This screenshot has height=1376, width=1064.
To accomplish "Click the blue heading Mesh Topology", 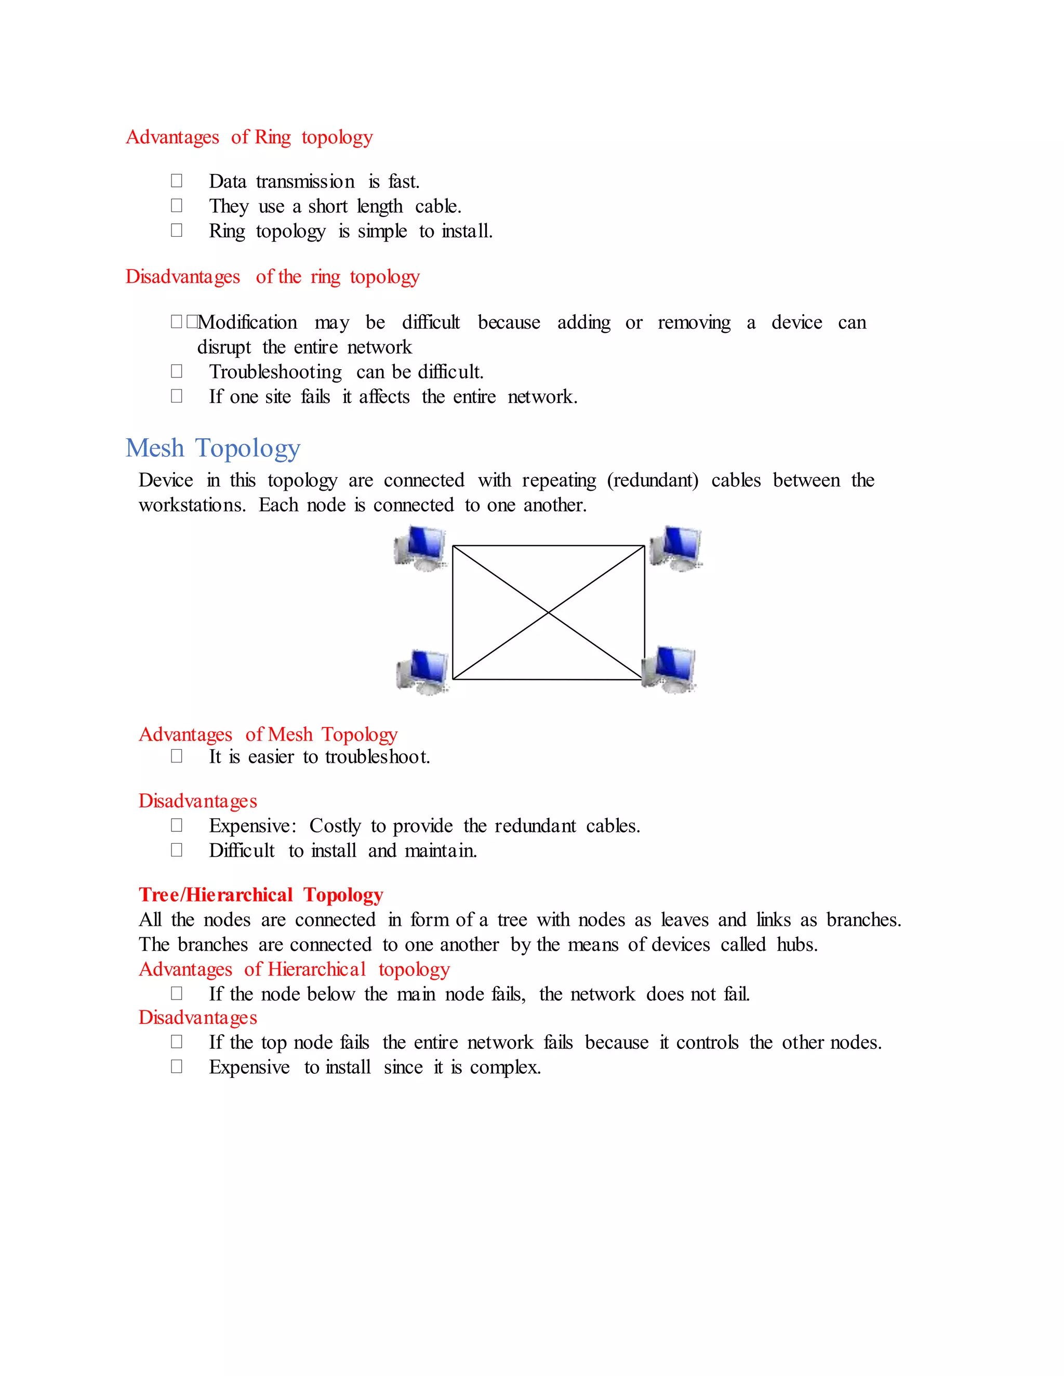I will point(212,449).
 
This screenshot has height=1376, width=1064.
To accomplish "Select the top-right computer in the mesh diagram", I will point(676,547).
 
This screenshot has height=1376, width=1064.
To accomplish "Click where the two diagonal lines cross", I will point(549,612).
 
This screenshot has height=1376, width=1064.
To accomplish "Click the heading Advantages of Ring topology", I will point(249,138).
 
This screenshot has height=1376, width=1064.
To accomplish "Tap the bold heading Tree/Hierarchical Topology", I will point(261,895).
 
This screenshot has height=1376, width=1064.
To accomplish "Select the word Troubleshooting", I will point(275,372).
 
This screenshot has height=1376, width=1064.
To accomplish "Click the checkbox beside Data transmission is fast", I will point(177,181).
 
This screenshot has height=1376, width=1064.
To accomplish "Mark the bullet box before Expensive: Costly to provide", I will point(177,826).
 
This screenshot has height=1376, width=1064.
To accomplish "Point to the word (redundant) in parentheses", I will point(653,481).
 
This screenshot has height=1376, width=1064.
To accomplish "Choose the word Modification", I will point(247,322).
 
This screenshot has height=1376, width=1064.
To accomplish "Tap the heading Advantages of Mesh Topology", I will point(268,735).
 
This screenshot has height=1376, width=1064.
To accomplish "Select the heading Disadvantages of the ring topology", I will point(272,277).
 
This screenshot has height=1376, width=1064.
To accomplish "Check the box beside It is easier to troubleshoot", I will point(177,756).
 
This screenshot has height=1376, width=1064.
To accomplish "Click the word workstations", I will point(192,505).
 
